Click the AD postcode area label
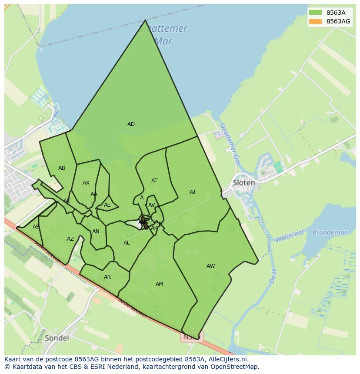click(x=131, y=124)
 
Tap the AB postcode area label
click(x=62, y=168)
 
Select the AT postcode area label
click(x=154, y=181)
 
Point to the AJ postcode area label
click(x=192, y=192)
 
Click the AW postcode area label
click(x=210, y=266)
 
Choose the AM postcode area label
click(x=160, y=284)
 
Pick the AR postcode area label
click(x=107, y=277)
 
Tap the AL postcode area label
click(x=127, y=243)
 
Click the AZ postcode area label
click(x=70, y=239)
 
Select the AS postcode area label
click(x=36, y=227)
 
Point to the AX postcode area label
click(x=86, y=183)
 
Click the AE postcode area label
click(x=107, y=205)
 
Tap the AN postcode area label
click(x=96, y=232)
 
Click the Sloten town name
click(x=244, y=183)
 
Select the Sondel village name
click(x=57, y=338)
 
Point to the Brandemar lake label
click(x=330, y=232)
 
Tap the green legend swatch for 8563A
click(x=316, y=13)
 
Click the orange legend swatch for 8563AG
click(x=316, y=21)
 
